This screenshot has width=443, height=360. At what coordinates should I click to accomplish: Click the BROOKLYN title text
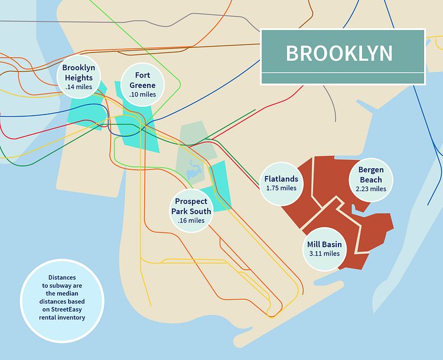click(339, 53)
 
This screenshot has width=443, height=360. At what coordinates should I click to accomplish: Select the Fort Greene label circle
click(142, 84)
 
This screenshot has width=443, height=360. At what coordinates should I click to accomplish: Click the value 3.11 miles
click(324, 254)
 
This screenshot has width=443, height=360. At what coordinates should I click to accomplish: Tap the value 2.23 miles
click(371, 189)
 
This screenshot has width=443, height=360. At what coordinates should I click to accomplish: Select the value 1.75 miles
click(281, 188)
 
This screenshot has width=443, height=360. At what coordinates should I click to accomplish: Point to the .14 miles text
click(79, 87)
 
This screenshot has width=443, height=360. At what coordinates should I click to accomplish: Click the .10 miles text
click(142, 94)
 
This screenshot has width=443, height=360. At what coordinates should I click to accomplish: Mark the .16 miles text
click(191, 221)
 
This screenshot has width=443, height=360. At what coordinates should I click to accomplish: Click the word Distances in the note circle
click(63, 277)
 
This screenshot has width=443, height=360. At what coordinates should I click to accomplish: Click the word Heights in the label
click(79, 78)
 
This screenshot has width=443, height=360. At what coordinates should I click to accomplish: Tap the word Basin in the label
click(333, 244)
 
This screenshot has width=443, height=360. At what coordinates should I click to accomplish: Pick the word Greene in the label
click(142, 85)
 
